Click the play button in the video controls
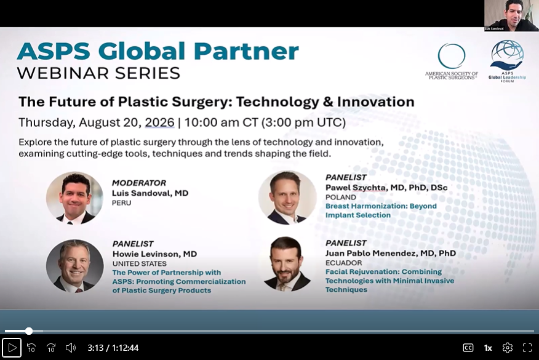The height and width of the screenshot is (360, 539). pyautogui.click(x=12, y=348)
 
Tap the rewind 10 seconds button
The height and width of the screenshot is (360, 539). pyautogui.click(x=31, y=348)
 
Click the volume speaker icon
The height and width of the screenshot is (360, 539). pyautogui.click(x=71, y=348)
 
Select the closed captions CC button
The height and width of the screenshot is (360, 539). pyautogui.click(x=468, y=348)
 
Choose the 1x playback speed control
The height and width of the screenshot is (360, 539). pyautogui.click(x=488, y=348)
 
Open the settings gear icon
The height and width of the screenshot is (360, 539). pyautogui.click(x=508, y=348)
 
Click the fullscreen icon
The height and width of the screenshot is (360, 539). pyautogui.click(x=527, y=348)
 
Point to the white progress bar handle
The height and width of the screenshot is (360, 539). pyautogui.click(x=29, y=331)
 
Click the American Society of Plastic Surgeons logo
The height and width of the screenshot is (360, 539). pyautogui.click(x=452, y=62)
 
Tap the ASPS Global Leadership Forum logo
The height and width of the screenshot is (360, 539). pyautogui.click(x=508, y=61)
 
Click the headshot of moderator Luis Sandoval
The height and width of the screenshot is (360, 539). pyautogui.click(x=74, y=198)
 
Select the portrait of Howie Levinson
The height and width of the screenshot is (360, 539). pyautogui.click(x=74, y=266)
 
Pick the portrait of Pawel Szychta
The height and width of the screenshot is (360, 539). pyautogui.click(x=287, y=198)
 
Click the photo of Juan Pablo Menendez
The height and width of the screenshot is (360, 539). pyautogui.click(x=287, y=264)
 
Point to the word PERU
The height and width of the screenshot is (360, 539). pyautogui.click(x=121, y=203)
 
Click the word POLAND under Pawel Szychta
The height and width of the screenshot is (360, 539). pyautogui.click(x=341, y=197)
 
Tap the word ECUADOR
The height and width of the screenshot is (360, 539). pyautogui.click(x=344, y=263)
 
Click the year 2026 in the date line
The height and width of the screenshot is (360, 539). pyautogui.click(x=159, y=122)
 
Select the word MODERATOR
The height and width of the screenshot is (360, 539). pyautogui.click(x=139, y=183)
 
